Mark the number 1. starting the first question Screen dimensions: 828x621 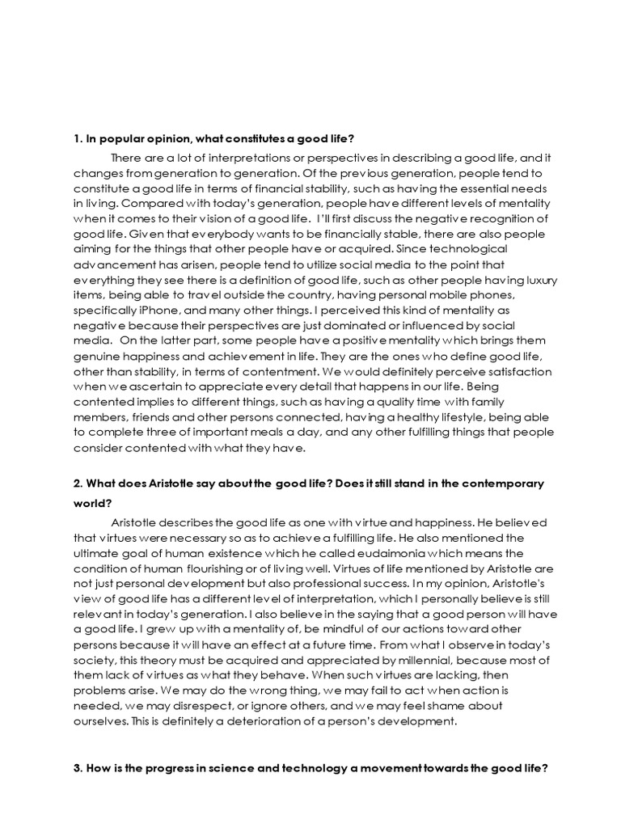pos(78,140)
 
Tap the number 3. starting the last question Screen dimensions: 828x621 pos(78,771)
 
